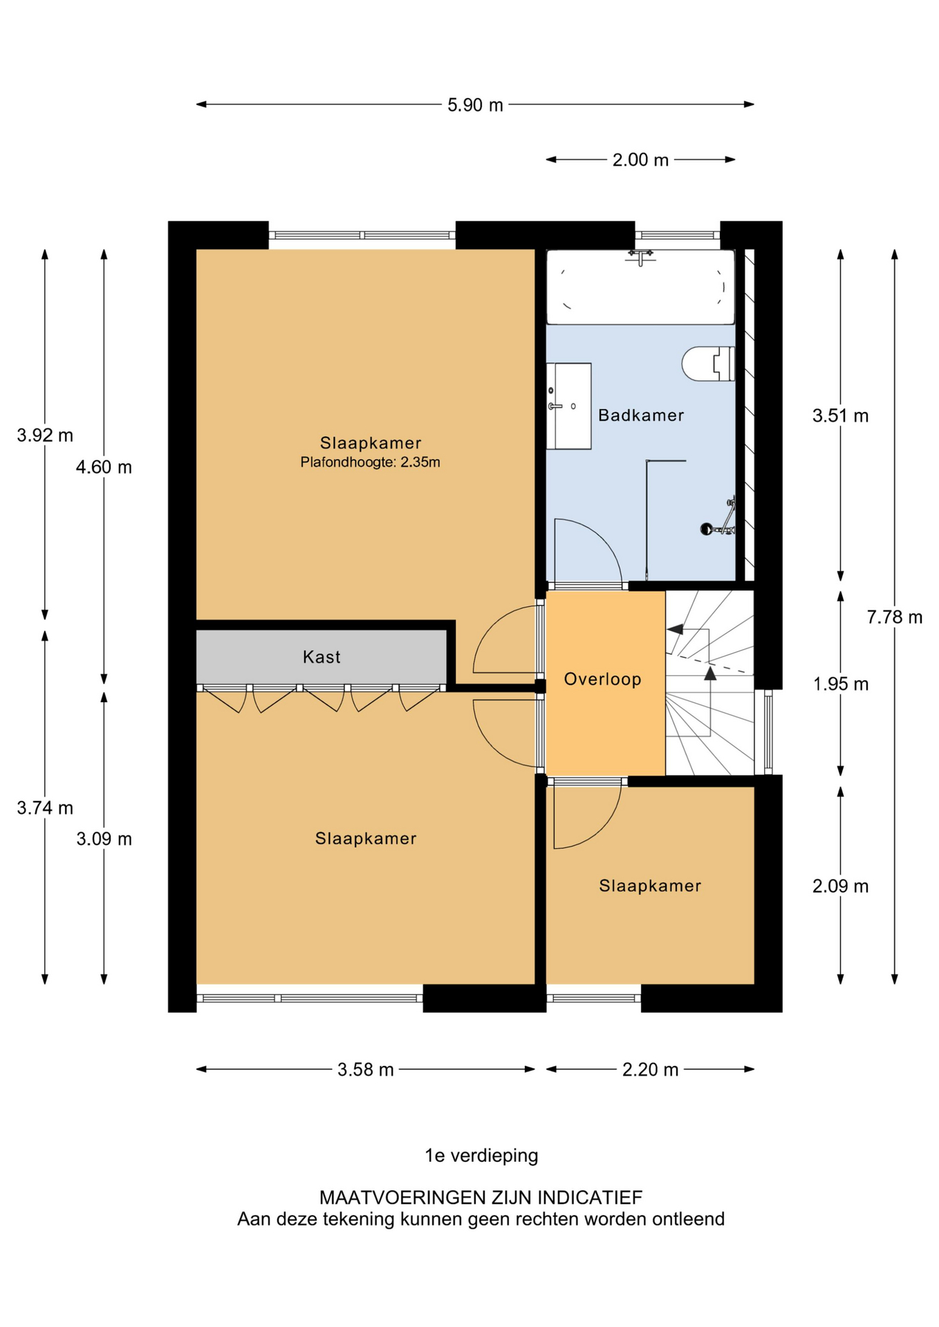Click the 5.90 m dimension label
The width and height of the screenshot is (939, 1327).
click(x=474, y=105)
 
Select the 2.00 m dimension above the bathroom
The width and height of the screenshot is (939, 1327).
click(x=640, y=160)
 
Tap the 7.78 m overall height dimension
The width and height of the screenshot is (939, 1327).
click(x=894, y=617)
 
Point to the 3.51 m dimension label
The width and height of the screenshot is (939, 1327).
click(x=839, y=416)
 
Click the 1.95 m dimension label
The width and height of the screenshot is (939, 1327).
click(x=839, y=684)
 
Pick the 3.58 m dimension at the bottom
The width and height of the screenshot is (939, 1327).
click(x=365, y=1070)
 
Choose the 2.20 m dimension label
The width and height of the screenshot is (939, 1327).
click(x=649, y=1070)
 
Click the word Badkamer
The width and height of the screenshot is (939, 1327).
click(x=640, y=415)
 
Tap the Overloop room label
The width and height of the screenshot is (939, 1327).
click(x=602, y=679)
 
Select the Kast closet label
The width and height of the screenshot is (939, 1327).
click(x=322, y=657)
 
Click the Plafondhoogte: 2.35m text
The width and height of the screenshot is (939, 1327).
click(x=370, y=462)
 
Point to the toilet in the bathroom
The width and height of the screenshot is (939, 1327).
click(x=708, y=364)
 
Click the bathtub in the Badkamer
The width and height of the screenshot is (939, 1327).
click(x=640, y=288)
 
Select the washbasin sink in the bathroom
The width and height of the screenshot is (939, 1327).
click(x=568, y=406)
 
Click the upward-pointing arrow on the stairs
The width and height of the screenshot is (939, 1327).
click(x=710, y=672)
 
